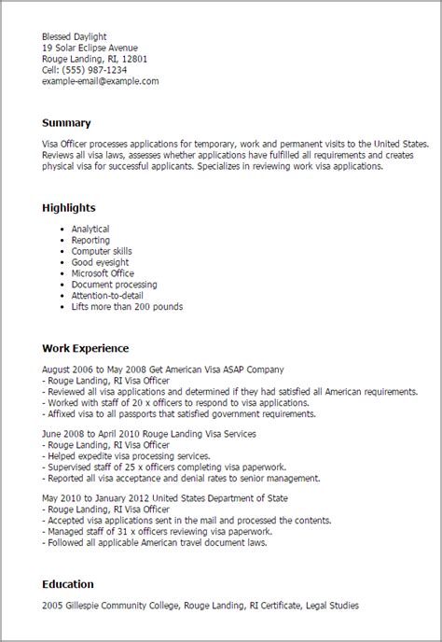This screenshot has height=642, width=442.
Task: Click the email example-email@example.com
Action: click(100, 81)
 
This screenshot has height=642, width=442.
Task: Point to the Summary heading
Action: click(66, 122)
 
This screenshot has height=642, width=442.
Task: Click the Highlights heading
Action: click(68, 206)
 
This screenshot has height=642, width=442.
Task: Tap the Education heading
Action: click(68, 584)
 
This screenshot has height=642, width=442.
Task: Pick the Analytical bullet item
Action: click(90, 229)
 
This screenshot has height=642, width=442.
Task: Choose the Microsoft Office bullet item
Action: click(102, 273)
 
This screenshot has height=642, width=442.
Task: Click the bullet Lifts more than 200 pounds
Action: click(127, 306)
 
